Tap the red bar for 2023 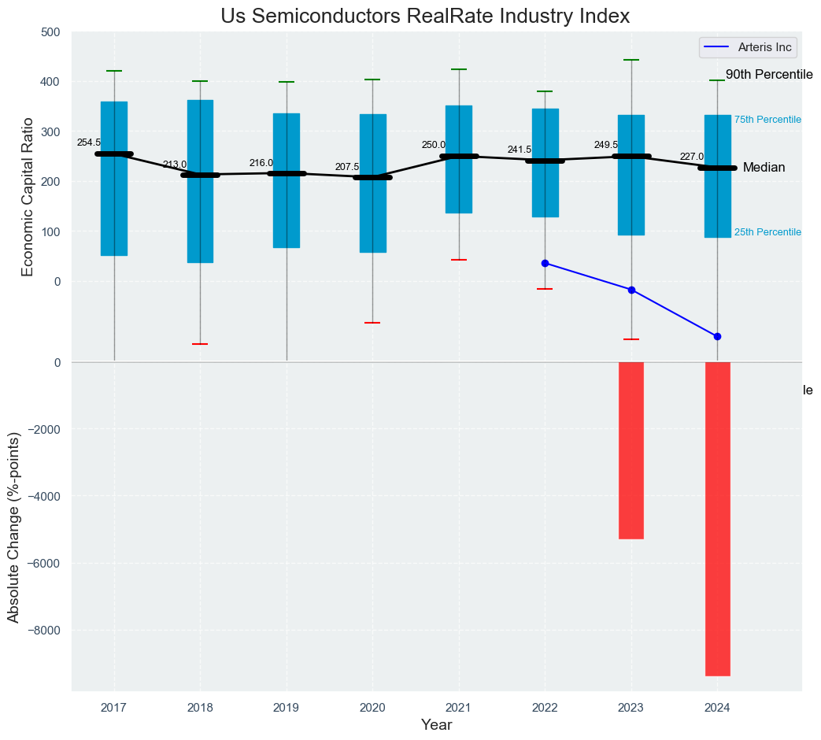(x=631, y=450)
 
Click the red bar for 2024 (x=717, y=519)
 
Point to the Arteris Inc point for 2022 (x=545, y=263)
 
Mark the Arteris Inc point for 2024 (x=717, y=336)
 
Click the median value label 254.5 (x=88, y=142)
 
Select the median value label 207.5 (x=347, y=167)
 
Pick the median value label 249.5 (x=606, y=145)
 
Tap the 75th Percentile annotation (x=767, y=120)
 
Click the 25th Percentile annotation (x=767, y=232)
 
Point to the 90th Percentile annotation (x=768, y=75)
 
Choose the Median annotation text (x=764, y=168)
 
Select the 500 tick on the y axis (x=50, y=32)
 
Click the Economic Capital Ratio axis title (x=28, y=197)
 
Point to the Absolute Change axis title (x=13, y=527)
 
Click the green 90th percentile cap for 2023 (x=631, y=60)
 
